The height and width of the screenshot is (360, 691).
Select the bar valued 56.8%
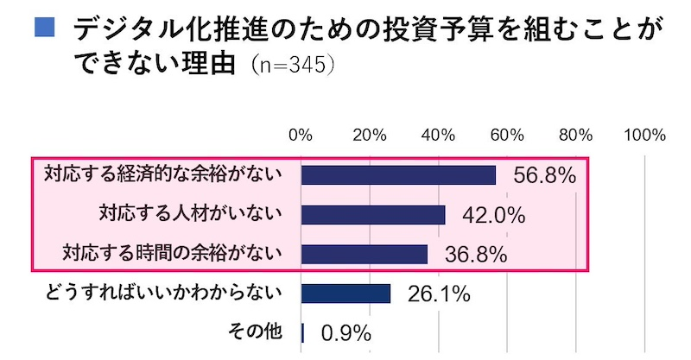[x=398, y=174]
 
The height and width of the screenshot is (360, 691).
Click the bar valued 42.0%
[x=373, y=214]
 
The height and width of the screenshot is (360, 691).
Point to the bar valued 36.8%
[x=365, y=254]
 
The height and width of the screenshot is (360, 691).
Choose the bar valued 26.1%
[x=345, y=294]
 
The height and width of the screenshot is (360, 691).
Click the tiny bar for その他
[x=303, y=332]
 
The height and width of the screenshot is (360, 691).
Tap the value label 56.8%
[x=544, y=176]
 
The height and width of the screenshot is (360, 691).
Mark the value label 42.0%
[x=495, y=216]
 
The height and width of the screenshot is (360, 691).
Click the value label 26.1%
[x=438, y=295]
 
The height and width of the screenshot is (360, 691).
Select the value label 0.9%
[x=345, y=333]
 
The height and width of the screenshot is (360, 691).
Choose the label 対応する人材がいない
[x=191, y=212]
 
